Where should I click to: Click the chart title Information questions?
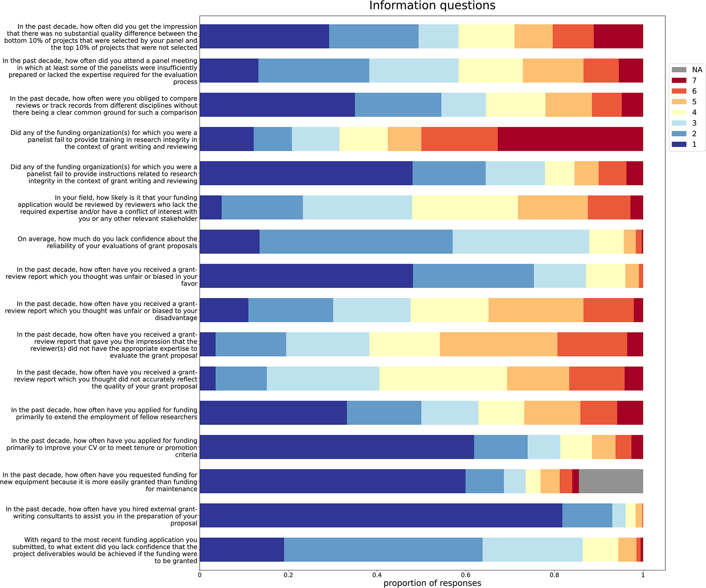pyautogui.click(x=432, y=6)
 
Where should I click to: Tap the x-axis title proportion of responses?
pyautogui.click(x=432, y=583)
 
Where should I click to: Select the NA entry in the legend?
pyautogui.click(x=687, y=70)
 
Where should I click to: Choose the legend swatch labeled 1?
pyautogui.click(x=679, y=144)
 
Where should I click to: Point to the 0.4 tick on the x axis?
pyautogui.click(x=377, y=575)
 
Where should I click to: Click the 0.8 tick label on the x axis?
pyautogui.click(x=554, y=575)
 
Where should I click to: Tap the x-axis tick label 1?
pyautogui.click(x=643, y=575)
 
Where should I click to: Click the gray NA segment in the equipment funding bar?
pyautogui.click(x=611, y=481)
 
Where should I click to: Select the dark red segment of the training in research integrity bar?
pyautogui.click(x=570, y=139)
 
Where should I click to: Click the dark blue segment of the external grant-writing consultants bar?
pyautogui.click(x=381, y=515)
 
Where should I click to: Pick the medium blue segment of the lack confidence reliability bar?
pyautogui.click(x=356, y=242)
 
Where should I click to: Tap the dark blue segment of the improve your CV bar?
pyautogui.click(x=337, y=447)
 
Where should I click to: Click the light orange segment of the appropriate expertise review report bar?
pyautogui.click(x=498, y=344)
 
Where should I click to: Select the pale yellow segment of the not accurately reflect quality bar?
pyautogui.click(x=443, y=378)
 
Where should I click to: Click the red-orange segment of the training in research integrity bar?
pyautogui.click(x=459, y=139)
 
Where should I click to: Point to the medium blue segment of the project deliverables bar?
pyautogui.click(x=383, y=550)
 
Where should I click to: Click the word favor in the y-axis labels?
pyautogui.click(x=189, y=284)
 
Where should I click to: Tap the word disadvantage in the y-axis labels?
pyautogui.click(x=176, y=318)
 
